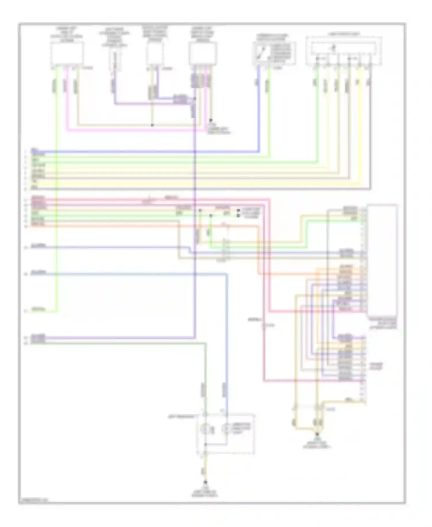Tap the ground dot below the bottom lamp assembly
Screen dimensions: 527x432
pos(205,482)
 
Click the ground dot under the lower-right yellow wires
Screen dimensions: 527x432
pos(317,434)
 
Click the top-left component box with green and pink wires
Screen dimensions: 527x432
pos(67,53)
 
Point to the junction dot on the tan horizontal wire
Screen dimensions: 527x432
pos(152,125)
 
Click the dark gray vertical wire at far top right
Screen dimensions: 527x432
pos(370,130)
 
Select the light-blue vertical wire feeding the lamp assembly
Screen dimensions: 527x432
pos(227,346)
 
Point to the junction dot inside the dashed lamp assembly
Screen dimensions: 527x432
pos(205,445)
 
